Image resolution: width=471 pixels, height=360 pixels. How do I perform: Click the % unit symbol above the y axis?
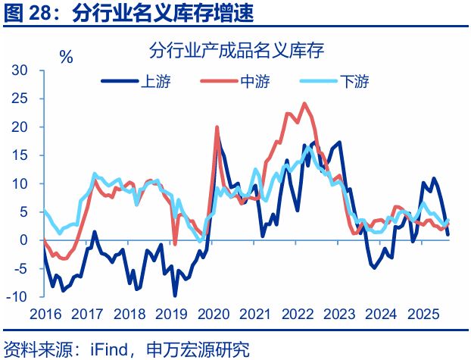tap(66, 57)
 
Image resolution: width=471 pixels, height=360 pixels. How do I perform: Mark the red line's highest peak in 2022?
tap(304, 104)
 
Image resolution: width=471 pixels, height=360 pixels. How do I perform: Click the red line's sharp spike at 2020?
tap(217, 127)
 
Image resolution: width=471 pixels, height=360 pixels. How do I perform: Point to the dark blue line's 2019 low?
tap(175, 296)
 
